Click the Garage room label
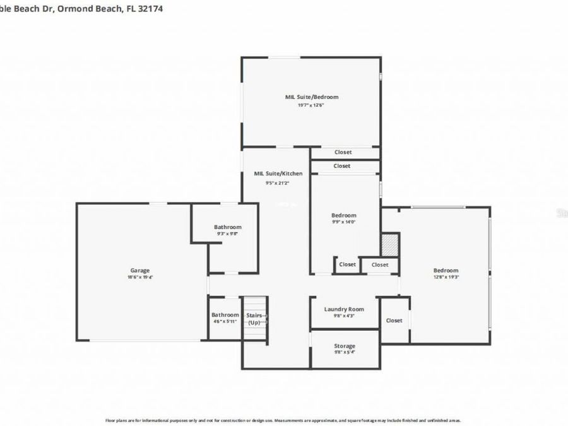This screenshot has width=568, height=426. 139,270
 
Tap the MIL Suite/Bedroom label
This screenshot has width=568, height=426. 312,97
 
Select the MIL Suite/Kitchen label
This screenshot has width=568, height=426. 278,174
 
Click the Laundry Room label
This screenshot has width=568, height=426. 344,309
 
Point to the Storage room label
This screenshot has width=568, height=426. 345,346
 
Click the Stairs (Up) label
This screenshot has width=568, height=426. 254,318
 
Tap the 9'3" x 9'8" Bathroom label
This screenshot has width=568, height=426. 227,227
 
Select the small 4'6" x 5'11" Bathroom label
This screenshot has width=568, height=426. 225,315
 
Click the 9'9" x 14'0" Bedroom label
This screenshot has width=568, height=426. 344,215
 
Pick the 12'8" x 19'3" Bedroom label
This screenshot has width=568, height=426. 446,270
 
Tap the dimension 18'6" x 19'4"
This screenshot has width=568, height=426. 139,277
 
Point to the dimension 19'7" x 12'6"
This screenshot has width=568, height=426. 312,105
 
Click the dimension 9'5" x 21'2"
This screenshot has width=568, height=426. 278,183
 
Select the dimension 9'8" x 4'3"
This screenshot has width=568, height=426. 344,316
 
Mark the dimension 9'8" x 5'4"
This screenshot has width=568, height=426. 345,353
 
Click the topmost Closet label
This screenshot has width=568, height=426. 343,152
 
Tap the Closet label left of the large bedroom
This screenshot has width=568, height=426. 394,321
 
